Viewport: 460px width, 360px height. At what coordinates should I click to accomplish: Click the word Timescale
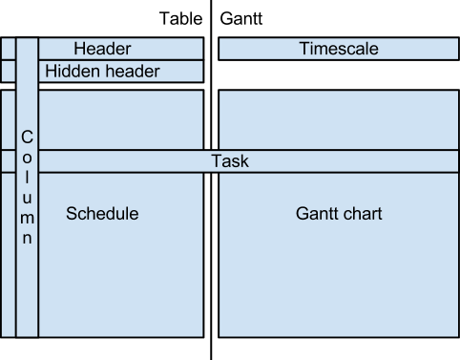point(339,49)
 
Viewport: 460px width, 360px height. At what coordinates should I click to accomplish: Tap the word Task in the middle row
point(229,161)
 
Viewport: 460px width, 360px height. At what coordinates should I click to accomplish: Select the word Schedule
point(102,214)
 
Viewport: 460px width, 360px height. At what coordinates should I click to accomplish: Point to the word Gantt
point(318,214)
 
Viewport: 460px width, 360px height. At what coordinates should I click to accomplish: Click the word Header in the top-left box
point(102,49)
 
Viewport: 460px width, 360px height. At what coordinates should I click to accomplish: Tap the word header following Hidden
point(131,72)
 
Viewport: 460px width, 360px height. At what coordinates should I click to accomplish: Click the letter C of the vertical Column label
point(27,138)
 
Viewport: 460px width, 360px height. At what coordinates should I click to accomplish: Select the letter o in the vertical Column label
point(27,159)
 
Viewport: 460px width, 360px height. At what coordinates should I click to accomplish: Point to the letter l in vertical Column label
point(27,179)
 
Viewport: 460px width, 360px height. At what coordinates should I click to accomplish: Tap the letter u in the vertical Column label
point(27,199)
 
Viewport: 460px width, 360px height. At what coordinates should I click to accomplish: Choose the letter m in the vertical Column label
point(27,219)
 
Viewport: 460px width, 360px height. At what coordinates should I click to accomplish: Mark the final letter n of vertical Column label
point(27,239)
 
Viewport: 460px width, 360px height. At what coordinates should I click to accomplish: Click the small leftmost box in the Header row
point(8,49)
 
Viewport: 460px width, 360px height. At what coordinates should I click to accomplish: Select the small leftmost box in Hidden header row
point(8,72)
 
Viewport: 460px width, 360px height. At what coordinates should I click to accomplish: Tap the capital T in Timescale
point(303,49)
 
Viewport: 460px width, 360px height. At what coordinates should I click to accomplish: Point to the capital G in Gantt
point(303,214)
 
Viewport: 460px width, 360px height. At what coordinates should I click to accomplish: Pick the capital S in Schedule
point(72,214)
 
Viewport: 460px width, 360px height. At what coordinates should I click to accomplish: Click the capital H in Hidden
point(51,72)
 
